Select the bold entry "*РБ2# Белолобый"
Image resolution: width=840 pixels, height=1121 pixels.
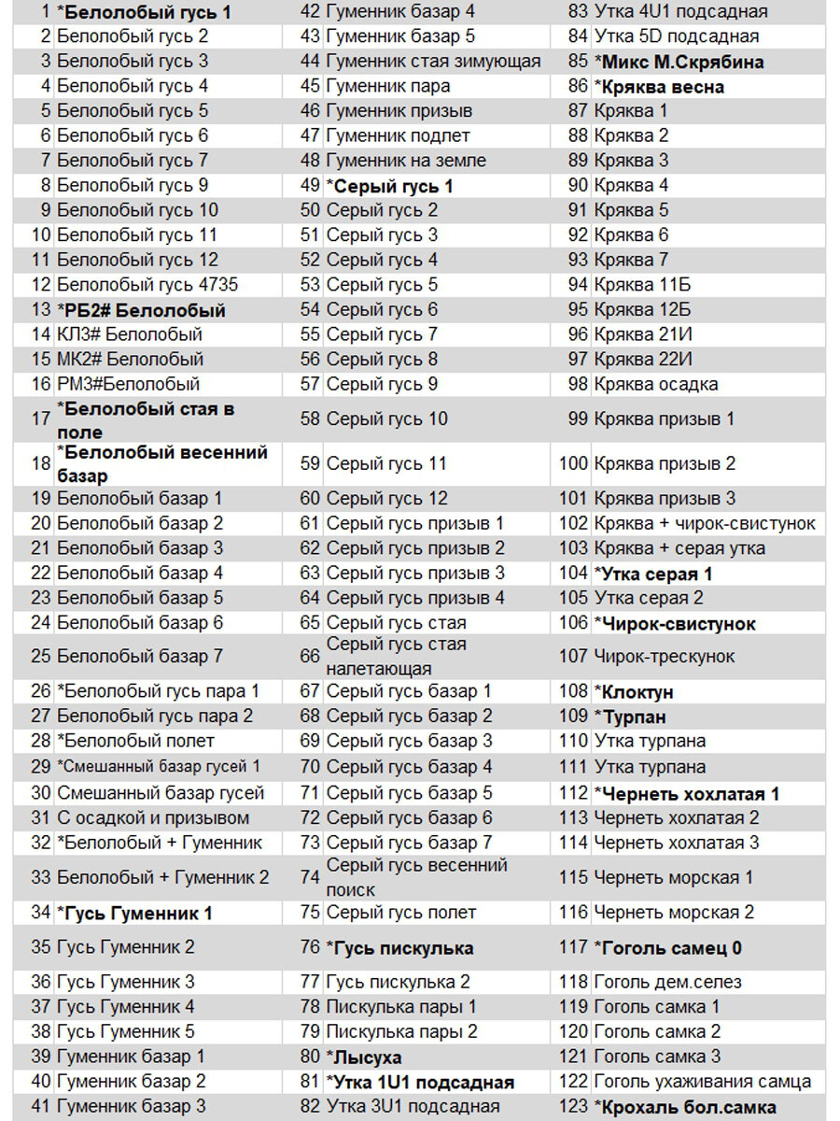coord(141,310)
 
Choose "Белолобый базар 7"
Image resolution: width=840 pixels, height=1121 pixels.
coord(140,657)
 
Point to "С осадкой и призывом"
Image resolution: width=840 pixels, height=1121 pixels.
coord(153,818)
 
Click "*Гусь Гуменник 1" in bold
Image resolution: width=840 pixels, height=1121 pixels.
coord(135,913)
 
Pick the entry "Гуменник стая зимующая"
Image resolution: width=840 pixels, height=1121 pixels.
coord(433,62)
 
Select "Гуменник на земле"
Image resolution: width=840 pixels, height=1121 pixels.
coord(406,161)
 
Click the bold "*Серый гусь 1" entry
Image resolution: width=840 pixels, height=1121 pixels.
coord(389,186)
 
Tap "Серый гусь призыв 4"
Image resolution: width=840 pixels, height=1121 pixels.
coord(415,598)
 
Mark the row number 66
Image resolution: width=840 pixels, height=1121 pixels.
coord(310,657)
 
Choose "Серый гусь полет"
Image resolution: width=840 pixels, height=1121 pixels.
coord(401,913)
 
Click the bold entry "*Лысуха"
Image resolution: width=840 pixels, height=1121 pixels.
coord(364,1057)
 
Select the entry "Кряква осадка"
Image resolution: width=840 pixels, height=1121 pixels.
coord(656,384)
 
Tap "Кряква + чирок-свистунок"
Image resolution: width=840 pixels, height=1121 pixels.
coord(705,524)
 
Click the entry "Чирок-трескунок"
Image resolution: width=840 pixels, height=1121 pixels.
coord(665,657)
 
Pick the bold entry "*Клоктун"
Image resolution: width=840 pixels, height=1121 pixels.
coord(634,692)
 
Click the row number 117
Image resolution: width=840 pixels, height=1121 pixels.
coord(573,948)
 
